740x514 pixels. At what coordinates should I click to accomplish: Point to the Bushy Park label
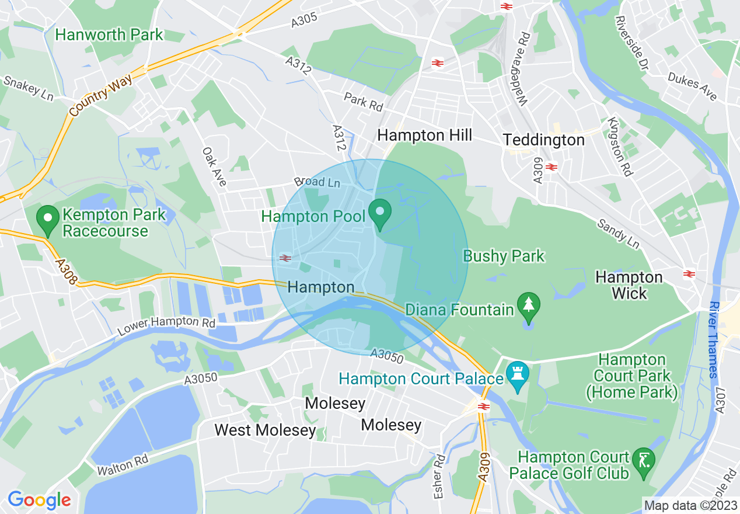(503, 256)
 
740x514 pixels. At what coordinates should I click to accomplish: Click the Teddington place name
(543, 140)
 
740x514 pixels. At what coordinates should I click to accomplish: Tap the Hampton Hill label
(424, 136)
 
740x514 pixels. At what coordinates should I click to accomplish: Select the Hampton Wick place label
(629, 284)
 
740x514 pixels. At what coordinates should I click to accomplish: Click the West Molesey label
(264, 430)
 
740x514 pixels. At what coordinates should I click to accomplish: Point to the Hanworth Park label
(109, 34)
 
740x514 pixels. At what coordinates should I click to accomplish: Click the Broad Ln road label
(317, 182)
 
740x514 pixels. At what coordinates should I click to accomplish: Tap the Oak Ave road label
(214, 166)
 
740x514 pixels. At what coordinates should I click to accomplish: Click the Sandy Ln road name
(617, 232)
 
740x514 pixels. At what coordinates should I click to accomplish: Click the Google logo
(39, 500)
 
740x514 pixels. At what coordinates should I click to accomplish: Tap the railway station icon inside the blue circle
(285, 258)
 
